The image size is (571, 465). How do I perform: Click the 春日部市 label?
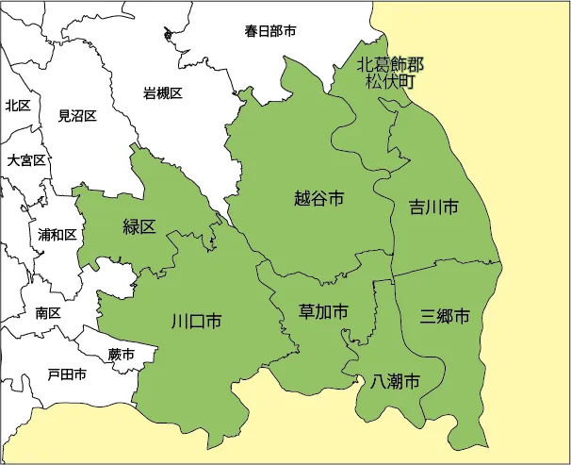point(270,31)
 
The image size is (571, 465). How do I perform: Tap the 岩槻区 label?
point(162,92)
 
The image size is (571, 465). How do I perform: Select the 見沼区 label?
point(77,116)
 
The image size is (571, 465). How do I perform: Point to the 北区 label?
point(18,106)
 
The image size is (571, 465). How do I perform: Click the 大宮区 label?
point(26,160)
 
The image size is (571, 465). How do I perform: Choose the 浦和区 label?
point(57,234)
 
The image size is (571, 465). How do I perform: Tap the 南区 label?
point(48,312)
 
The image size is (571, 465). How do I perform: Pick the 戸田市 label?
point(67,374)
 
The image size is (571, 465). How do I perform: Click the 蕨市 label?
point(121,355)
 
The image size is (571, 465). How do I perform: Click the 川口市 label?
point(196,322)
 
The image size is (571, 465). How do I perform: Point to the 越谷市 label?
point(318,198)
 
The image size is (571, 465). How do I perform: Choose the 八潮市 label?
point(395,382)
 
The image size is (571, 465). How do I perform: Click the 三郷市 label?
point(445,316)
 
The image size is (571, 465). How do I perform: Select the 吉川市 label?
point(433,207)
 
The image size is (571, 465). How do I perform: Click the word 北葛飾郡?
point(390,64)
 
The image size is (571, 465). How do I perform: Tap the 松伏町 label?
point(390,81)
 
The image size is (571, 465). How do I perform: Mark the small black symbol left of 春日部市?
point(169,35)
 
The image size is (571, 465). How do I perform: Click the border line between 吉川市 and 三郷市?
point(448,268)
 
